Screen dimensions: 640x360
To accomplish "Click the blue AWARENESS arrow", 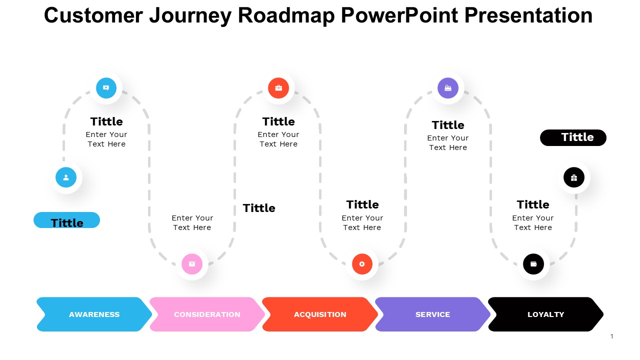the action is [x=94, y=314].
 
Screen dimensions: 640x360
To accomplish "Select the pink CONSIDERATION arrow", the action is [x=207, y=314].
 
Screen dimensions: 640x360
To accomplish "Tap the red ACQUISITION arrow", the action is [x=320, y=314].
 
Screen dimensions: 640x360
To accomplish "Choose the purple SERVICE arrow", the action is [x=432, y=314].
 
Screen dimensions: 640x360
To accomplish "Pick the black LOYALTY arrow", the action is [x=545, y=314].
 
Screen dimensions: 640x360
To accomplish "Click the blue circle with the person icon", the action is [x=66, y=177].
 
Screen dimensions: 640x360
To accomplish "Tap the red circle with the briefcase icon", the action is [x=278, y=88].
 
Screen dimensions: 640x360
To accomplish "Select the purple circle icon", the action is [x=448, y=88].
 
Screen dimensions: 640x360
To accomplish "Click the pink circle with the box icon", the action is [x=192, y=264].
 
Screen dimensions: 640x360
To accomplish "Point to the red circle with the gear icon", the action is [x=362, y=264].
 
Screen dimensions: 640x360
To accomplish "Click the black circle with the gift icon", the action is [x=574, y=177].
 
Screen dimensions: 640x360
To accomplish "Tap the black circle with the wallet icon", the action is [x=533, y=264].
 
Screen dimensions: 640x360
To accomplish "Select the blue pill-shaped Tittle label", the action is [x=67, y=220].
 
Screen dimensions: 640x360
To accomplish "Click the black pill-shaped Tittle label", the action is [x=573, y=137].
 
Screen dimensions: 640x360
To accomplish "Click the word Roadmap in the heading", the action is [x=286, y=15].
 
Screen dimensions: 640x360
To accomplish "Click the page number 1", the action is [x=611, y=336].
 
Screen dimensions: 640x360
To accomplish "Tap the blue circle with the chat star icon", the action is [x=106, y=88].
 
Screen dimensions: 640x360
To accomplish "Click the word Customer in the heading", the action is [x=93, y=15].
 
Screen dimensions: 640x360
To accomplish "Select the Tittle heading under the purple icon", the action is [x=448, y=125].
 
